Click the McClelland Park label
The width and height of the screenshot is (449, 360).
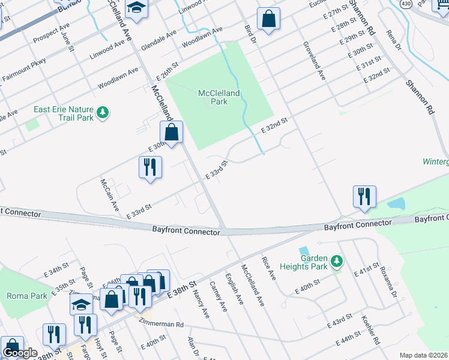pyautogui.click(x=219, y=97)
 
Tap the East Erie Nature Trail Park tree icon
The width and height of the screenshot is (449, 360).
pyautogui.click(x=103, y=113)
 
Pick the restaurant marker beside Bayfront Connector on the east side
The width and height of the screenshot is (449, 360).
pyautogui.click(x=364, y=196)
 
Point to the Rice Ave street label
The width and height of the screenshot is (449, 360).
pyautogui.click(x=268, y=269)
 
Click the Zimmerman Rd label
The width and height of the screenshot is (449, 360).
pyautogui.click(x=164, y=323)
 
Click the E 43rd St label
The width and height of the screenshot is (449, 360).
pyautogui.click(x=339, y=320)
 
